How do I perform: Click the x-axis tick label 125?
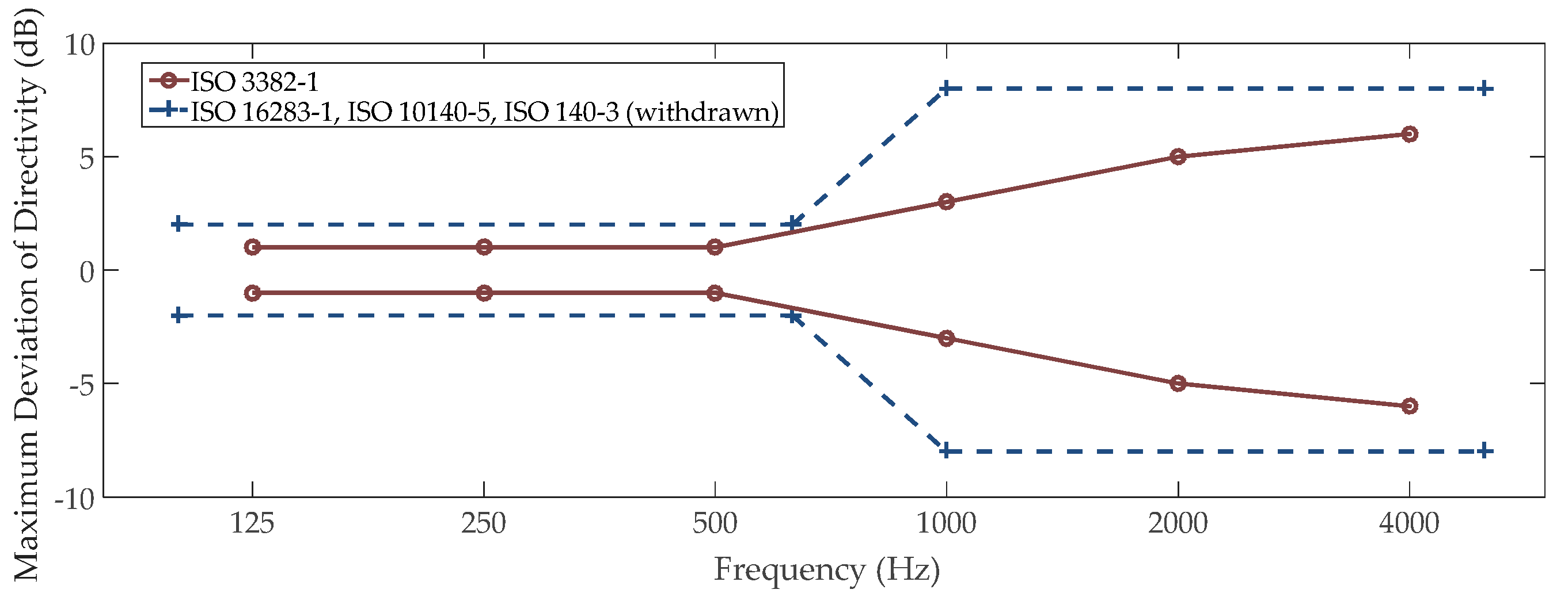[x=252, y=523]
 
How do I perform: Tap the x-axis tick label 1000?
[x=946, y=523]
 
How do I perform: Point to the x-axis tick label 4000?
[x=1409, y=523]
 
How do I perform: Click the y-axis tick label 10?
[x=80, y=45]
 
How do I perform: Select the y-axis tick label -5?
[x=82, y=384]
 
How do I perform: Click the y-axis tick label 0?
[x=88, y=271]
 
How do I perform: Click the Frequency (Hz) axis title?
[x=826, y=569]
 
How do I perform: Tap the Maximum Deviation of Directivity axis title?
[x=27, y=295]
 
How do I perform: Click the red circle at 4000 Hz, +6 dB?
[x=1409, y=134]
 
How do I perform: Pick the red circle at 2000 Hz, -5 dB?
[x=1178, y=383]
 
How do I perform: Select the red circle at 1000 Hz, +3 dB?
[x=947, y=201]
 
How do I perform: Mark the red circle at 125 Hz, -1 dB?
[x=253, y=293]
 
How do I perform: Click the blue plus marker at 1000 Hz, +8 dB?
[x=946, y=89]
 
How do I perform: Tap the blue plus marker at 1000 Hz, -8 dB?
[x=946, y=450]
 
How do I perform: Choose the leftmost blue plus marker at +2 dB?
[x=178, y=224]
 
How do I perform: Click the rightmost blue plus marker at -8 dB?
[x=1484, y=450]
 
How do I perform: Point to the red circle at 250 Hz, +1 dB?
[x=484, y=246]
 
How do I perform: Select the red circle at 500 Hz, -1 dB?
[x=715, y=293]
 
